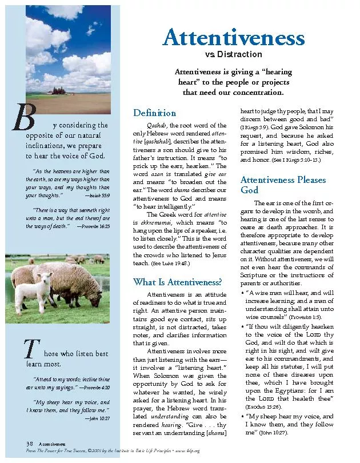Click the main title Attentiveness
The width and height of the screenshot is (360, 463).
pos(233,38)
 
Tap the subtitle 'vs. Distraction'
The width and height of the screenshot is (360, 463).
pos(233,55)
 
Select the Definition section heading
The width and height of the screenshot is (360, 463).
pos(154,113)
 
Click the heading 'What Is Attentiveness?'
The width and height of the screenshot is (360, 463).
pos(178,281)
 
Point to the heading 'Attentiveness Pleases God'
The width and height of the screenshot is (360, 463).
pos(283,184)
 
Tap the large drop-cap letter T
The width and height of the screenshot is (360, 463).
pos(30,348)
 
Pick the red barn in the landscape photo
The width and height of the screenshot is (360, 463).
pos(58,89)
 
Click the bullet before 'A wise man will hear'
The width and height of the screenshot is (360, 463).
pos(242,292)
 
